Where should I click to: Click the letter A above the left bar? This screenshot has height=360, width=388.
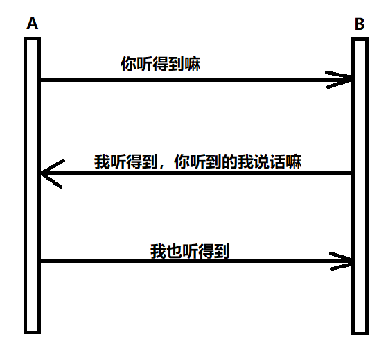pos(32,24)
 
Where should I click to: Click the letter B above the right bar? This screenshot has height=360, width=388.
pos(360,24)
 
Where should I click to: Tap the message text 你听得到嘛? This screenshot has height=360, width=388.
pos(161,65)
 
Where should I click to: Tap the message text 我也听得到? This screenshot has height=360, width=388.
pos(190,250)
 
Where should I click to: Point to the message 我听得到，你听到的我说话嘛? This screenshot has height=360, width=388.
pos(199,161)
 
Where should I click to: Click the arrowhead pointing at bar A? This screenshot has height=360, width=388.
pos(48,173)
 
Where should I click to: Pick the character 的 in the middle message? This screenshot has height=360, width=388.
pos(231,161)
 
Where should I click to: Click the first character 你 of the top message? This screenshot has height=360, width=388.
pos(128,65)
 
